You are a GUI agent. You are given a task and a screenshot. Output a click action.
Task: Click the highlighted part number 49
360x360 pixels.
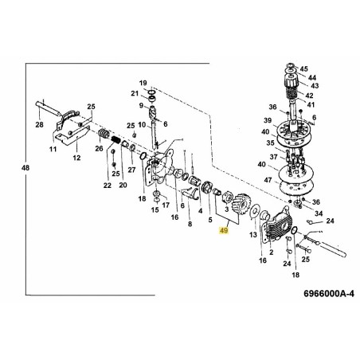(224, 229)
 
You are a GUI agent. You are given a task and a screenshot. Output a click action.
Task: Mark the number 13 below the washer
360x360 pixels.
(253, 236)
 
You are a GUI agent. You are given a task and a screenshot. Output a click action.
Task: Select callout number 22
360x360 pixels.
(108, 186)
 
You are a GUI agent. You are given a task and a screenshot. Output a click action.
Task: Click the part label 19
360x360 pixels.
(143, 83)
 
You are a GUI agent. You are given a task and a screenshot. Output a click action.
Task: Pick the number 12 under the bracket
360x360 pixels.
(77, 158)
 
